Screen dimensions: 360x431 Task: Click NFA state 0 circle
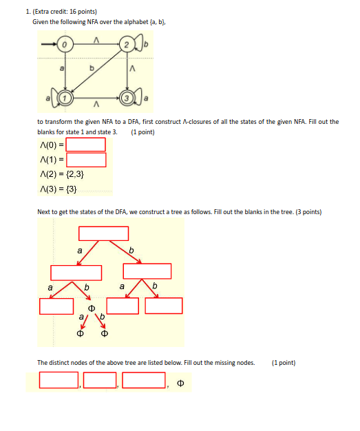pyautogui.click(x=65, y=45)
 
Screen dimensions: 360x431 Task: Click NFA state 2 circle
pyautogui.click(x=127, y=45)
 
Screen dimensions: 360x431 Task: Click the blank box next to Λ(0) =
pyautogui.click(x=85, y=145)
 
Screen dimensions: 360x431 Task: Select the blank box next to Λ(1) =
pyautogui.click(x=85, y=160)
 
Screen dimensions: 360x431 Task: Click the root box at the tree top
pyautogui.click(x=103, y=234)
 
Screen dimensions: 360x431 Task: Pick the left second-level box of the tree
pyautogui.click(x=76, y=271)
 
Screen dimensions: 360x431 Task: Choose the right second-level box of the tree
pyautogui.click(x=147, y=271)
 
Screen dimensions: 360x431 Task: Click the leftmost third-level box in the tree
pyautogui.click(x=56, y=306)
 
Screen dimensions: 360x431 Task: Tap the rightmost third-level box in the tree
pyautogui.click(x=164, y=306)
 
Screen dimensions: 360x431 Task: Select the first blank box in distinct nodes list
pyautogui.click(x=59, y=379)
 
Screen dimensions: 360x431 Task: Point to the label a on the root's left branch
pyautogui.click(x=79, y=251)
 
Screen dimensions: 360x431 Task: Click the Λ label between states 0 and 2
pyautogui.click(x=96, y=39)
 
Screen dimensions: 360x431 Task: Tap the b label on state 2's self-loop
pyautogui.click(x=145, y=45)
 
